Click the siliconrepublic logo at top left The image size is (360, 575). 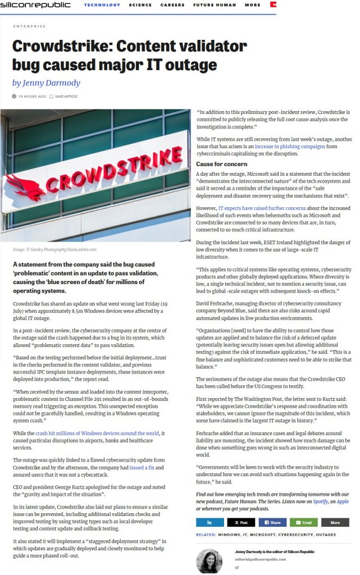point(36,5)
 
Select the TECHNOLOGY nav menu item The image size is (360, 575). point(102,5)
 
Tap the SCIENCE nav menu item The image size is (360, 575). point(140,5)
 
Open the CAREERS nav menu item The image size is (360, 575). point(172,5)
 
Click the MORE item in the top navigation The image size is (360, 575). point(253,5)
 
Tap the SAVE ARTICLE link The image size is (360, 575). point(66,97)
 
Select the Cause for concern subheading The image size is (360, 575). point(222,164)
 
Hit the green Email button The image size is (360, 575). point(303,522)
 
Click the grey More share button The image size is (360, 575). point(335,522)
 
